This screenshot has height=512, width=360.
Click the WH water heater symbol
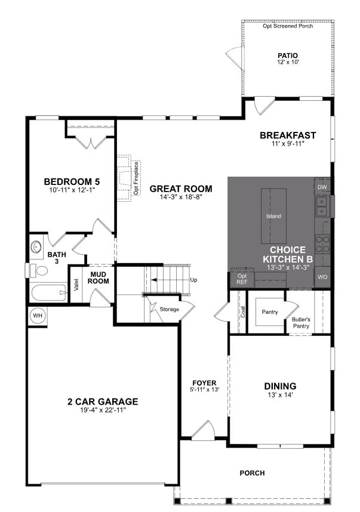tap(37, 316)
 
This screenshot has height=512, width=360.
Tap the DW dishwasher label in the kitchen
tap(322, 187)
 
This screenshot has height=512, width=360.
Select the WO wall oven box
tap(322, 277)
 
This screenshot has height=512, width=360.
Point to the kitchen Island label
tap(273, 216)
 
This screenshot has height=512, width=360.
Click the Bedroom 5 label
tap(72, 181)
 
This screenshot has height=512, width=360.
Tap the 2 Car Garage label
tap(103, 402)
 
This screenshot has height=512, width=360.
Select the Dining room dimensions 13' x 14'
tap(280, 394)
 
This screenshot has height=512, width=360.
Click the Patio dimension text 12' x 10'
tap(288, 63)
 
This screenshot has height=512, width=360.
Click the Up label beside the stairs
tap(193, 279)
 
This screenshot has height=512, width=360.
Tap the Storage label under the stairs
tap(169, 309)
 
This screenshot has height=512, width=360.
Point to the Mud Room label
tap(98, 278)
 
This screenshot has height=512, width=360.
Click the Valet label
tap(76, 285)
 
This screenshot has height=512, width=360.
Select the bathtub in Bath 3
tap(48, 293)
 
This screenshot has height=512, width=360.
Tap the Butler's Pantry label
tap(301, 322)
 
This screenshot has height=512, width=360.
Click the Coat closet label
tap(242, 311)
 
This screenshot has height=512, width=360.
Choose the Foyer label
tap(204, 383)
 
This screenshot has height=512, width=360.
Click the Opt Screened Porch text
tap(288, 26)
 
